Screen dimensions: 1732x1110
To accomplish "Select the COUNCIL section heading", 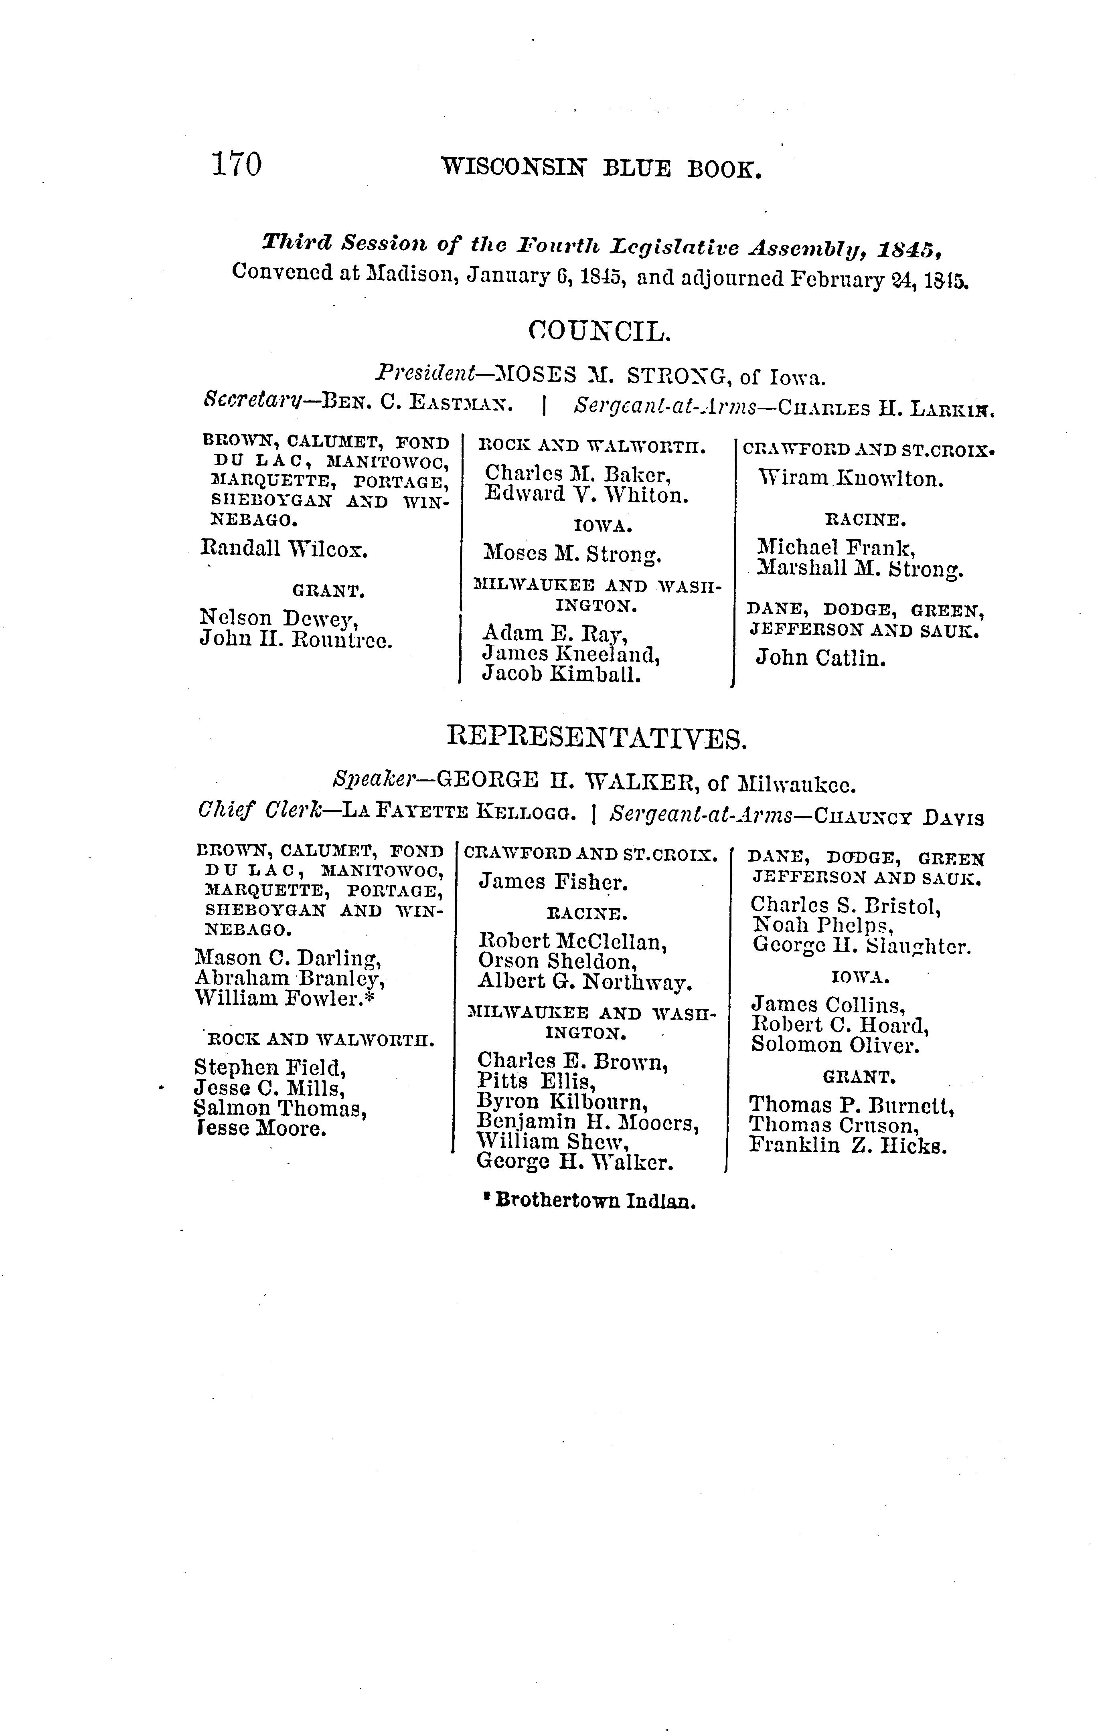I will pos(599,332).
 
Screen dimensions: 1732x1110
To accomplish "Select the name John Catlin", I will pos(820,658).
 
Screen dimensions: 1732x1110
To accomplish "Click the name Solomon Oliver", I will pos(835,1045).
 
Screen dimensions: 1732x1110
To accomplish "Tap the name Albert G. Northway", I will pos(585,983).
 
